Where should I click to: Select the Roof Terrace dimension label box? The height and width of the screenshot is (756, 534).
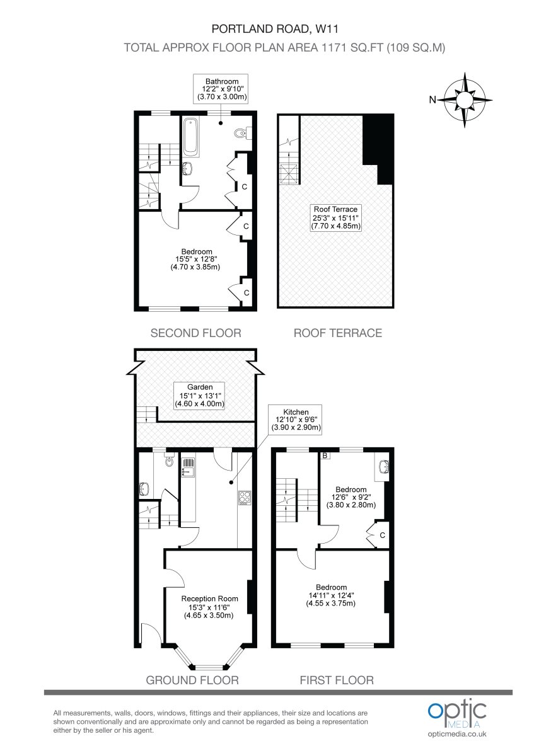pos(335,218)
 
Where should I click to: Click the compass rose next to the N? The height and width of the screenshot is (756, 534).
pos(465,100)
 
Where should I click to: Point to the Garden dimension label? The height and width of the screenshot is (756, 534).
pos(200,396)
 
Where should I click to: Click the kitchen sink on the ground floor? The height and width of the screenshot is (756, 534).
pos(188,467)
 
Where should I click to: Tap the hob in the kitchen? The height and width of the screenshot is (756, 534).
pos(245,498)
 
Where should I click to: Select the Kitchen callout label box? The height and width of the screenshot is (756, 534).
pos(296,420)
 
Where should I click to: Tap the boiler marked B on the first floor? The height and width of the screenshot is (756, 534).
pos(325,455)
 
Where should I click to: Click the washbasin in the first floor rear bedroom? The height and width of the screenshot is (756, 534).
pos(383,467)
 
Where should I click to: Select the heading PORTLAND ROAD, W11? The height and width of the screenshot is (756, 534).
pos(275,29)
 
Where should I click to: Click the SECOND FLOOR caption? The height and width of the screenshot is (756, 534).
pos(196,333)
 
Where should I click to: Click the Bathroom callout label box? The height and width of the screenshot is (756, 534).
pos(221,89)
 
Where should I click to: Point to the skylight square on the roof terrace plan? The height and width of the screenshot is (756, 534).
pos(289,173)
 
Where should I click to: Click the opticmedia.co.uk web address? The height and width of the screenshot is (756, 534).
pos(457,734)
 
